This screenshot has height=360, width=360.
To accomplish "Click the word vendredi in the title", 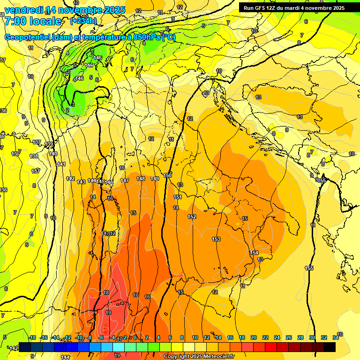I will point(24,10).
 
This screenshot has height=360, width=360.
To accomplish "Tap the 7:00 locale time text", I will point(33,21).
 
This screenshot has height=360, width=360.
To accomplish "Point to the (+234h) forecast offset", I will point(83,21).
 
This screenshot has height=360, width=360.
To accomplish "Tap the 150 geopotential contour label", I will point(167,175).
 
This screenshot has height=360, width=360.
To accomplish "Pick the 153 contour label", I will point(216,239).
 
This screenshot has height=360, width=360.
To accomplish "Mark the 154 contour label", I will point(254,253).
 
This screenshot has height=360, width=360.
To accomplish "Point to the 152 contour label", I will point(192,217).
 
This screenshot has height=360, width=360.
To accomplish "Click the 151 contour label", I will point(177,197).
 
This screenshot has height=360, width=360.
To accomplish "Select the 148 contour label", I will point(141,179).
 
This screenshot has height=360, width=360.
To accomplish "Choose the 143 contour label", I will point(81,181).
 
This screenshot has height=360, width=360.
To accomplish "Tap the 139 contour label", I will point(49,144).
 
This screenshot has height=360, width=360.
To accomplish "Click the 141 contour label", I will point(61,164).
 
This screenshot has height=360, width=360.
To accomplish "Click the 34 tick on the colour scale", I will point(336,338).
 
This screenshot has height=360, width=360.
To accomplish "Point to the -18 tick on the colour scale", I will point(32,338).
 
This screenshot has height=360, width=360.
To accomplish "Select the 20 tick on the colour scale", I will point(253,338).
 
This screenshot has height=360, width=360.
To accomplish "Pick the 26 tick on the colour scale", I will point(288,338).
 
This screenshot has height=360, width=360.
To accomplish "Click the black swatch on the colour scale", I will point(330,347).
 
